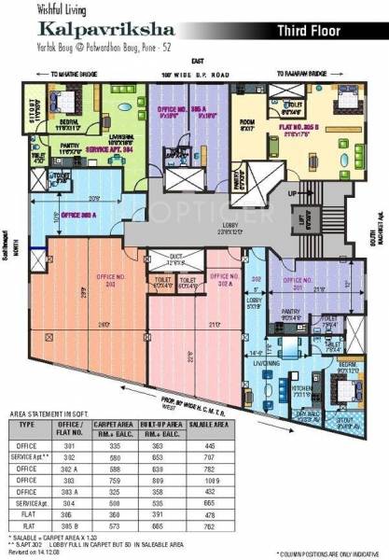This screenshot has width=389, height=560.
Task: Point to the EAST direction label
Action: pos(193,60)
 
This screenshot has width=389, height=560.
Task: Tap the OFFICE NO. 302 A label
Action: pos(222,279)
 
